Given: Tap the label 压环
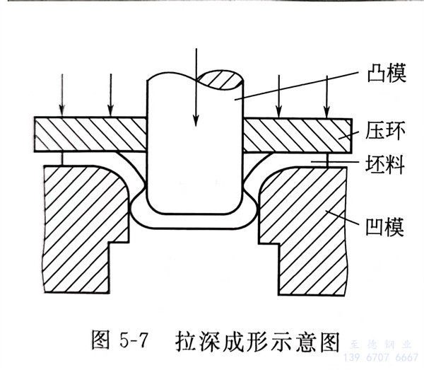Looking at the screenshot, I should click(x=386, y=129).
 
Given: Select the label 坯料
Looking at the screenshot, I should click(x=386, y=164).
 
